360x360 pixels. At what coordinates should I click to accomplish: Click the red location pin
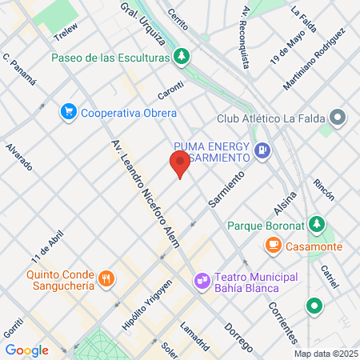coord(180,163)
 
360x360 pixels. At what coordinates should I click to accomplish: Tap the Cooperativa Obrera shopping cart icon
coord(69,113)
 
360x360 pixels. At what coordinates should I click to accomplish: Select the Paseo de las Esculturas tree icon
coord(183,58)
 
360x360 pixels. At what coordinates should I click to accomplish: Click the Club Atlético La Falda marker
coord(338,119)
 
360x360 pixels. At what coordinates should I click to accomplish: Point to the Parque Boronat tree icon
coord(318,223)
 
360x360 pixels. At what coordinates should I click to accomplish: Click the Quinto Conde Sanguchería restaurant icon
coord(106,278)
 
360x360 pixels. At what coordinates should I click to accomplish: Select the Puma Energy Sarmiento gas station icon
coord(261,150)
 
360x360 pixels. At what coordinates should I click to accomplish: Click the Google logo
coord(26,350)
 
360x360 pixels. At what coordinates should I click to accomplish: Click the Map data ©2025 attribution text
coord(325,354)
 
